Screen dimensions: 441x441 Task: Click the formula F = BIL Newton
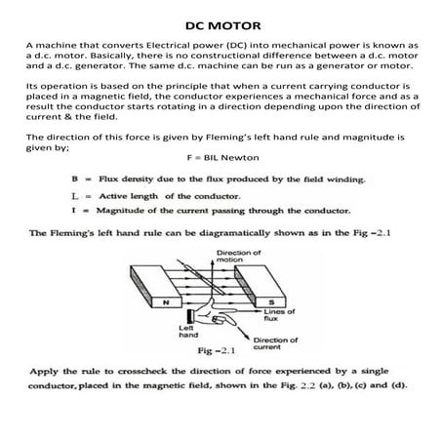(220, 157)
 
